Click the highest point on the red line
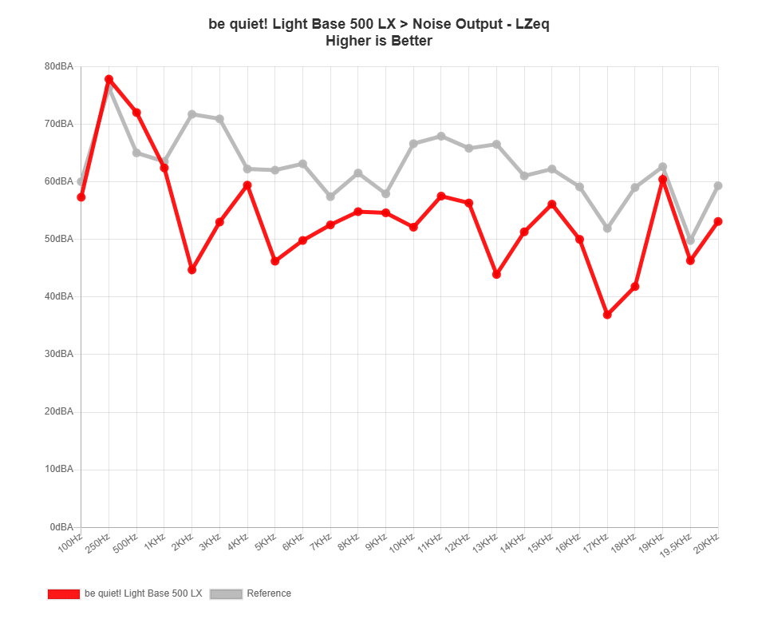[109, 79]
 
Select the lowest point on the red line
[608, 315]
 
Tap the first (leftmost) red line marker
[81, 196]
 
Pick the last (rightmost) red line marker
[718, 220]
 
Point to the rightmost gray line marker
[718, 185]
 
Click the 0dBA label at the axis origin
[64, 527]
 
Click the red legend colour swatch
[64, 593]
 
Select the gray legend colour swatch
[226, 593]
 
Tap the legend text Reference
[269, 593]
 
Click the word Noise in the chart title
[430, 24]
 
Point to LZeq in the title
[532, 24]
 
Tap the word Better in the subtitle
[411, 41]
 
